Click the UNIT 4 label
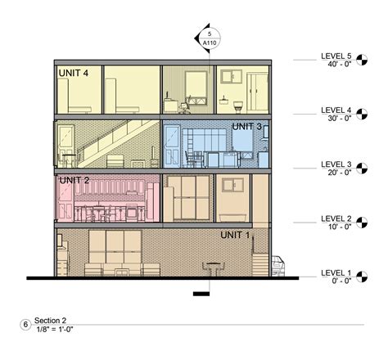click(x=74, y=73)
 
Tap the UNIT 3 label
click(x=246, y=127)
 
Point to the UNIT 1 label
click(x=237, y=235)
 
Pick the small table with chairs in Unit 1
click(x=214, y=269)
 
